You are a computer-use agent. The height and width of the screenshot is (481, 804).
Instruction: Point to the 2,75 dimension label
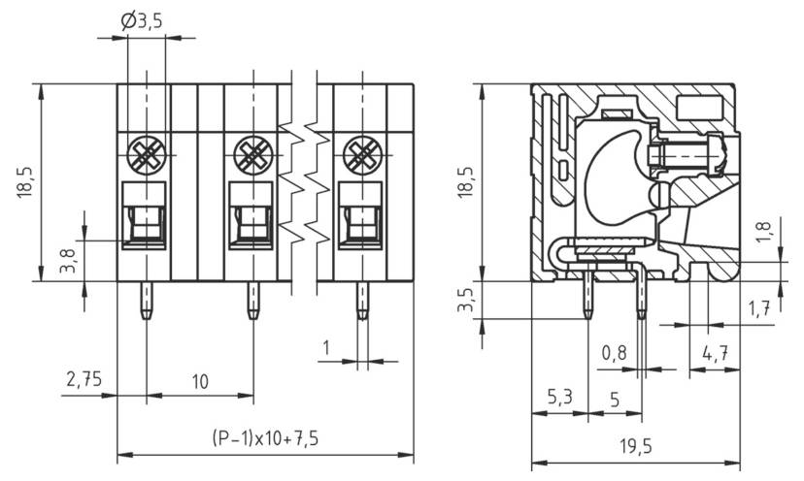(84, 379)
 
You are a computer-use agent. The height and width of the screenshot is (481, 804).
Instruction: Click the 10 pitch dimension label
(199, 381)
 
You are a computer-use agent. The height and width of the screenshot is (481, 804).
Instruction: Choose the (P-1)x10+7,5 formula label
(264, 438)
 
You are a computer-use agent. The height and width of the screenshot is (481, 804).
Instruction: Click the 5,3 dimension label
(559, 399)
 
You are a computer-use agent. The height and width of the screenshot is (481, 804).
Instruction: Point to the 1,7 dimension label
(759, 309)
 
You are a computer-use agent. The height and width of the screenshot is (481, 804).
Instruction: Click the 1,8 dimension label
(762, 230)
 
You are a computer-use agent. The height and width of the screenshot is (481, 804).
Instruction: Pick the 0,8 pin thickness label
(613, 354)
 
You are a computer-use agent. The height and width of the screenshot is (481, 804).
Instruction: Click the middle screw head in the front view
(253, 152)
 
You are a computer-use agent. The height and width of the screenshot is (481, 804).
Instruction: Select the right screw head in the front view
(362, 152)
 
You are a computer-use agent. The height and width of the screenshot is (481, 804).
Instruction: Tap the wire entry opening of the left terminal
(146, 220)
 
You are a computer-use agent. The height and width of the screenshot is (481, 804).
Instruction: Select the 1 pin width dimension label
(326, 346)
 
